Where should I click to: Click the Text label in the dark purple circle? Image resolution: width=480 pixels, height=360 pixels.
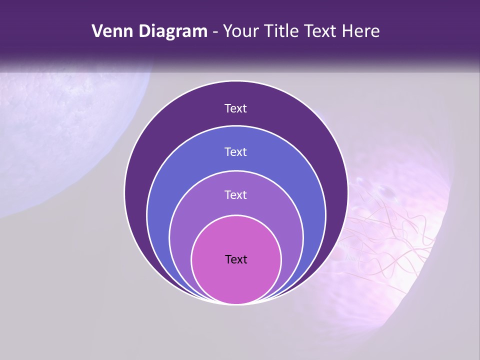coord(235,108)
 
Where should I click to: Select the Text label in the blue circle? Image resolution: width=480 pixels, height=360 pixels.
coord(235,151)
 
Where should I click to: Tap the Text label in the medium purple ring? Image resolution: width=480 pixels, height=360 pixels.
coord(235,194)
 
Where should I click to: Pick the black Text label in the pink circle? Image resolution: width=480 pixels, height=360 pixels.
coord(236,259)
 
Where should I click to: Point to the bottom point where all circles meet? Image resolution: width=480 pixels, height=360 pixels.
coord(236,303)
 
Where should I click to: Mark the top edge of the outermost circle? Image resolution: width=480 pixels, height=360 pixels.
coord(236,81)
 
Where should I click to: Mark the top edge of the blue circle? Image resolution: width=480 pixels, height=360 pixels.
coord(236,126)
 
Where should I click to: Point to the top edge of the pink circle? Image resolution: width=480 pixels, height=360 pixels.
coord(236,216)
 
